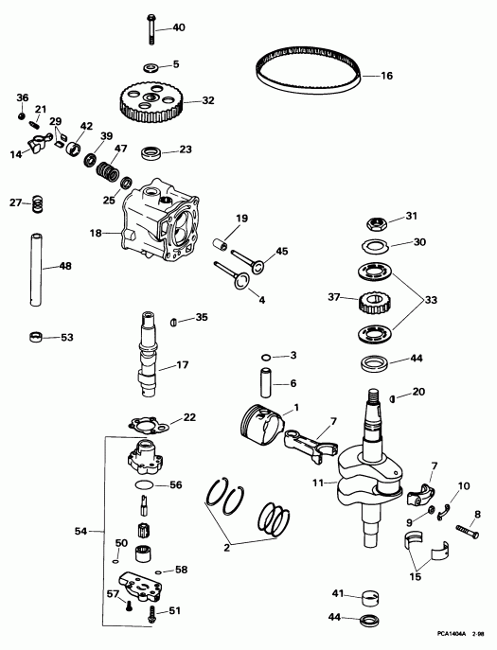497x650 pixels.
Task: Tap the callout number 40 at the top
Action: coord(180,28)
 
